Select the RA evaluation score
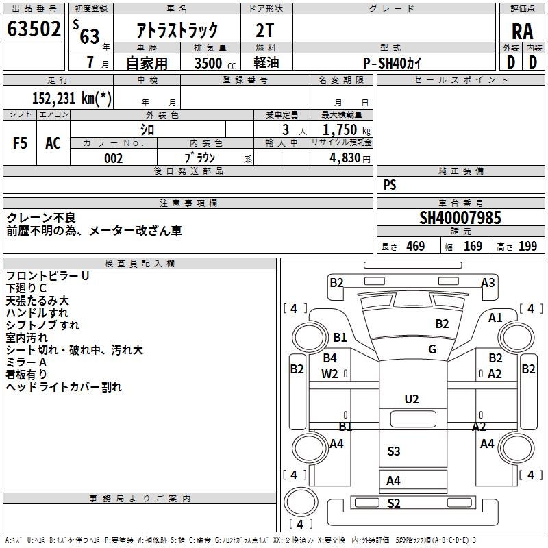(x=522, y=31)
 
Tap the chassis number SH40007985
(x=460, y=219)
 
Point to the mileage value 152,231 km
(x=71, y=98)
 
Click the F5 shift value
(x=21, y=143)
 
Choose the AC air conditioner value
(x=53, y=143)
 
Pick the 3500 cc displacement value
(x=208, y=63)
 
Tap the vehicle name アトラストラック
(x=177, y=30)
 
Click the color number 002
(x=113, y=158)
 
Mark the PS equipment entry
(x=390, y=185)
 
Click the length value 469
(x=415, y=247)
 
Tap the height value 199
(x=527, y=247)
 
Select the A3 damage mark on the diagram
(x=488, y=283)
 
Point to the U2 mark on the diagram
(x=412, y=399)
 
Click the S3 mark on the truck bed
(x=394, y=451)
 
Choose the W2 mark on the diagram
(x=329, y=373)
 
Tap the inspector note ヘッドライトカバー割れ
(x=64, y=387)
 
